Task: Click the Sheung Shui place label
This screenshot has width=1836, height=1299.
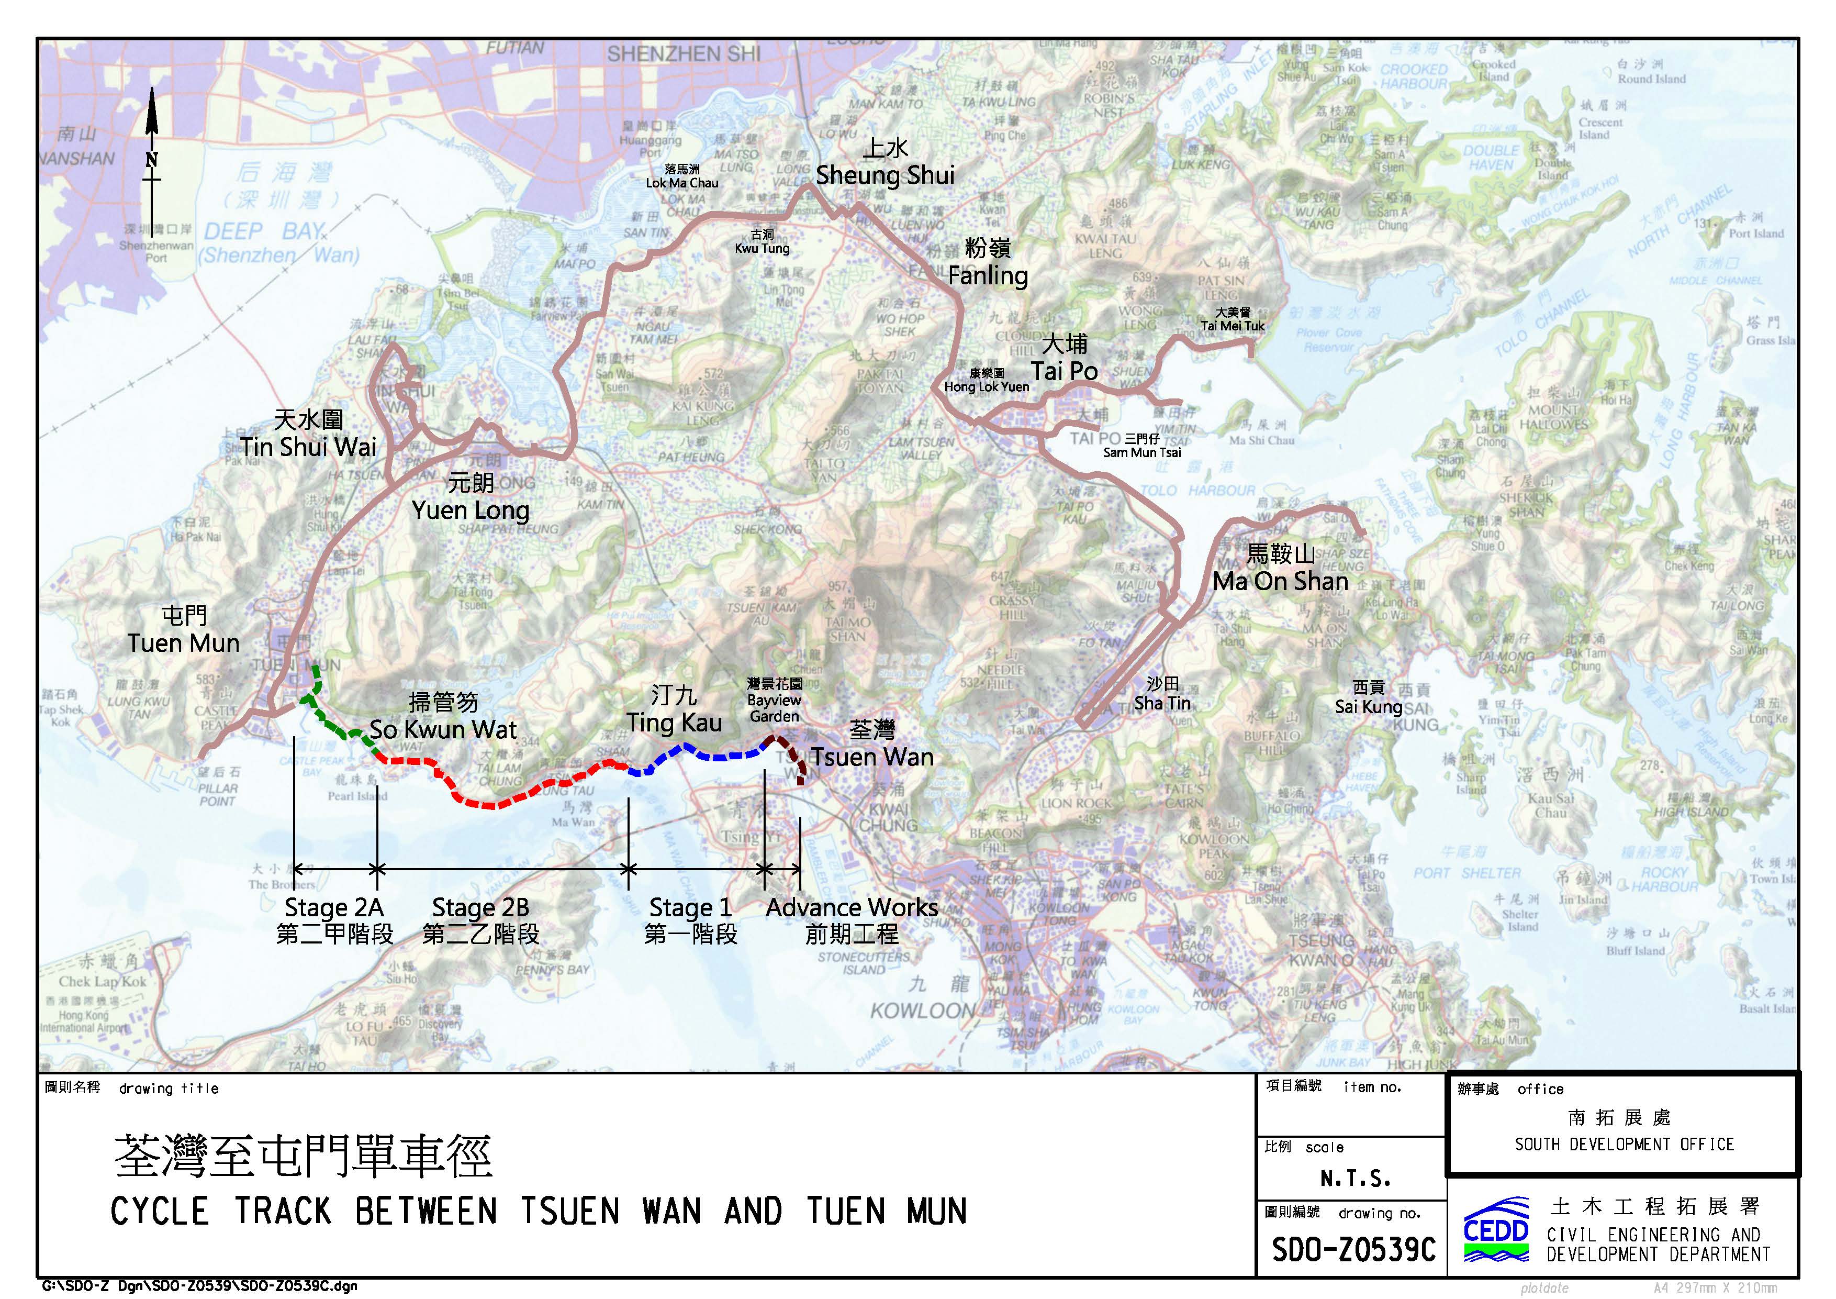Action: (885, 174)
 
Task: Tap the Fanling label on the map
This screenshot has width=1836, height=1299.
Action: (988, 275)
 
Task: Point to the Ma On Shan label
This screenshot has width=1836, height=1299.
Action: (1280, 581)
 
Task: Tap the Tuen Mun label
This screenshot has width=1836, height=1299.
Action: (184, 642)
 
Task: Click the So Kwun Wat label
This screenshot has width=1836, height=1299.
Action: (443, 729)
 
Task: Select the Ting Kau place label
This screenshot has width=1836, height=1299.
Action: (674, 723)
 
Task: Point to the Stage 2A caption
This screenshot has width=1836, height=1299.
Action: (334, 908)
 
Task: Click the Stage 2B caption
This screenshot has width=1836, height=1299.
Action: (480, 908)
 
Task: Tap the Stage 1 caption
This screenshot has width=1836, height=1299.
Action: (690, 908)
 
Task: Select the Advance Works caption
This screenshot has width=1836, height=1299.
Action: (852, 908)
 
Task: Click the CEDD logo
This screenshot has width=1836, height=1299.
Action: (1495, 1230)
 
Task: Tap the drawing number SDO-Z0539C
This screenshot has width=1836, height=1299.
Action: (1353, 1249)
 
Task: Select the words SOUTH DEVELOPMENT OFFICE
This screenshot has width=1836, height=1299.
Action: (1624, 1145)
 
